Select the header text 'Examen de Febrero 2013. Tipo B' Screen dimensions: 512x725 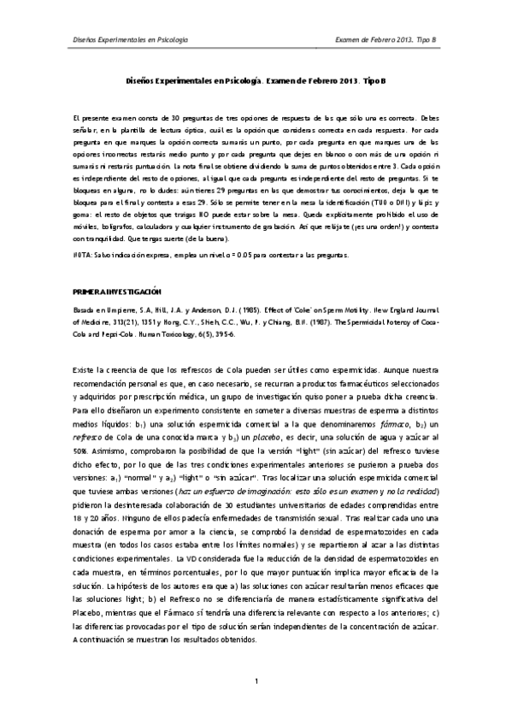(x=386, y=39)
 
